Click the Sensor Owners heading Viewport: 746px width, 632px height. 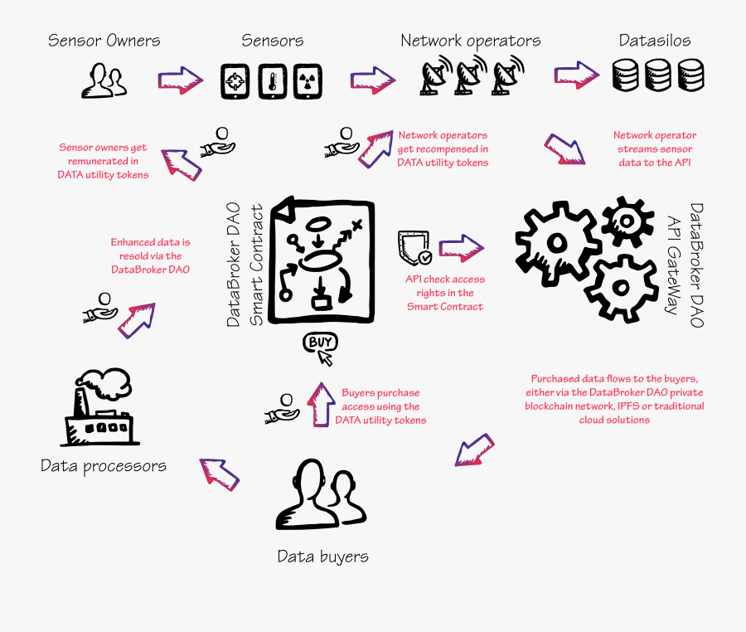tap(104, 40)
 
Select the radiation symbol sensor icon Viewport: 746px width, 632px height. tap(307, 82)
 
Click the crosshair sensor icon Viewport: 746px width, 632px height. tap(235, 82)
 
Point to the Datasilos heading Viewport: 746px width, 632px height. tap(654, 40)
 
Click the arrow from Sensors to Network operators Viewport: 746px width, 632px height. tap(371, 80)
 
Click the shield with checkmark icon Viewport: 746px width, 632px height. tap(414, 247)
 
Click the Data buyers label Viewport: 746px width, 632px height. tap(322, 556)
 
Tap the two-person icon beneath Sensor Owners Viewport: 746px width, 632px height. tap(104, 81)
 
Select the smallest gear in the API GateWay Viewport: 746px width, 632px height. tap(627, 219)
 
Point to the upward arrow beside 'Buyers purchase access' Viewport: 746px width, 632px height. tap(320, 404)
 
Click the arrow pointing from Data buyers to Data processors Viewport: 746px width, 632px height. tap(220, 474)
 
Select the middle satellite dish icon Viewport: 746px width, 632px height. tap(470, 75)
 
